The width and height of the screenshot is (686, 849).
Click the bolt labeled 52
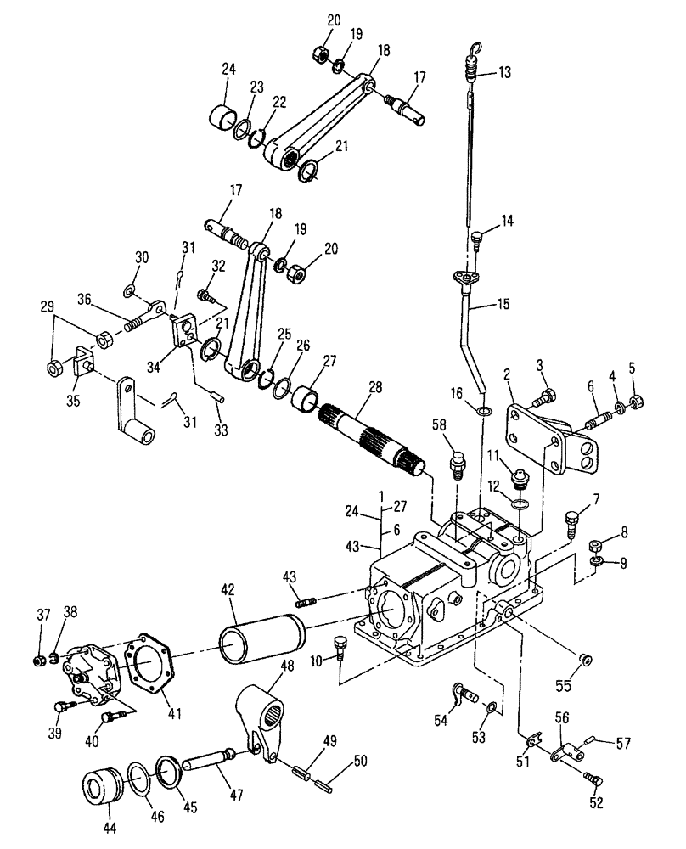pos(593,776)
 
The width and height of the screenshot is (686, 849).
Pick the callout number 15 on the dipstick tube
pos(503,303)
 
